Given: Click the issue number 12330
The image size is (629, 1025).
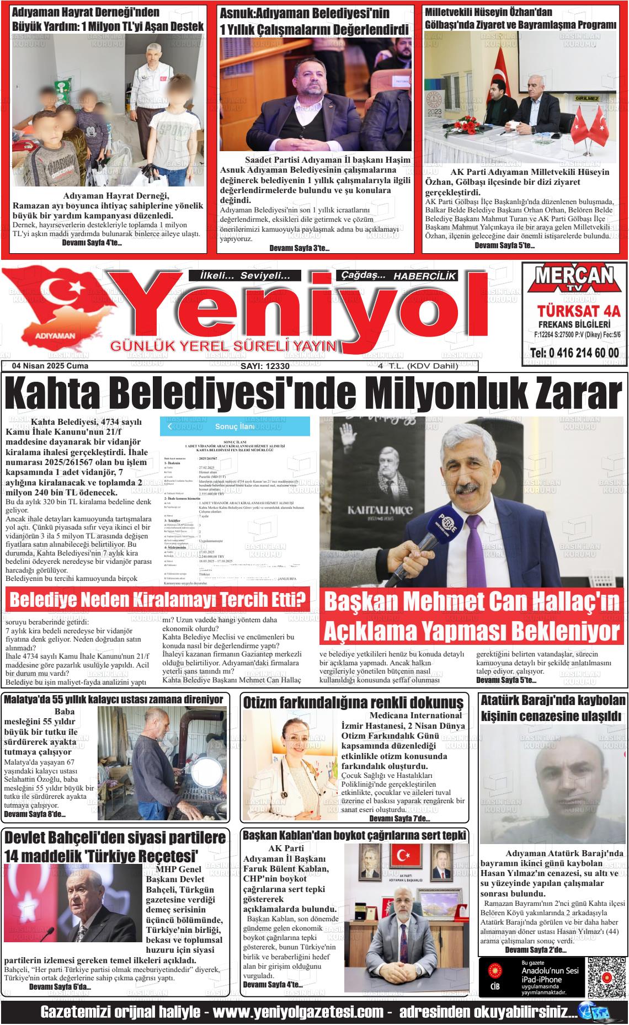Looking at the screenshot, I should point(265,366).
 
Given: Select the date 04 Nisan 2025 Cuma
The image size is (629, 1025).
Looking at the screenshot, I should point(50,366).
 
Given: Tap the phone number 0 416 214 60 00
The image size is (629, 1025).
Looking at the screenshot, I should point(574,354).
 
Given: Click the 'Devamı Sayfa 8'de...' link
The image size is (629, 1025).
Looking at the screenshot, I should point(35,814).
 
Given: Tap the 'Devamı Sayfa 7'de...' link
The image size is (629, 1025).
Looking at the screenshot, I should point(399,818).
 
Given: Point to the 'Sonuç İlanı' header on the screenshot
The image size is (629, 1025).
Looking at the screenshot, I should point(234,426).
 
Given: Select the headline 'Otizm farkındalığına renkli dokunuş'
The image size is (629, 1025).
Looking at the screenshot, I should point(353,702).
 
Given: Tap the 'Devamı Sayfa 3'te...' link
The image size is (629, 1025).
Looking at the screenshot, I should point(300,248).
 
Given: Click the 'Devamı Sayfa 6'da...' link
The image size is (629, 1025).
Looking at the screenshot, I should point(60,986).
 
